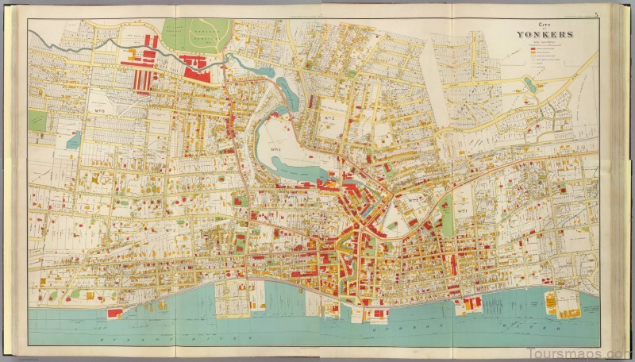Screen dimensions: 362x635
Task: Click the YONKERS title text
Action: tap(542, 35)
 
